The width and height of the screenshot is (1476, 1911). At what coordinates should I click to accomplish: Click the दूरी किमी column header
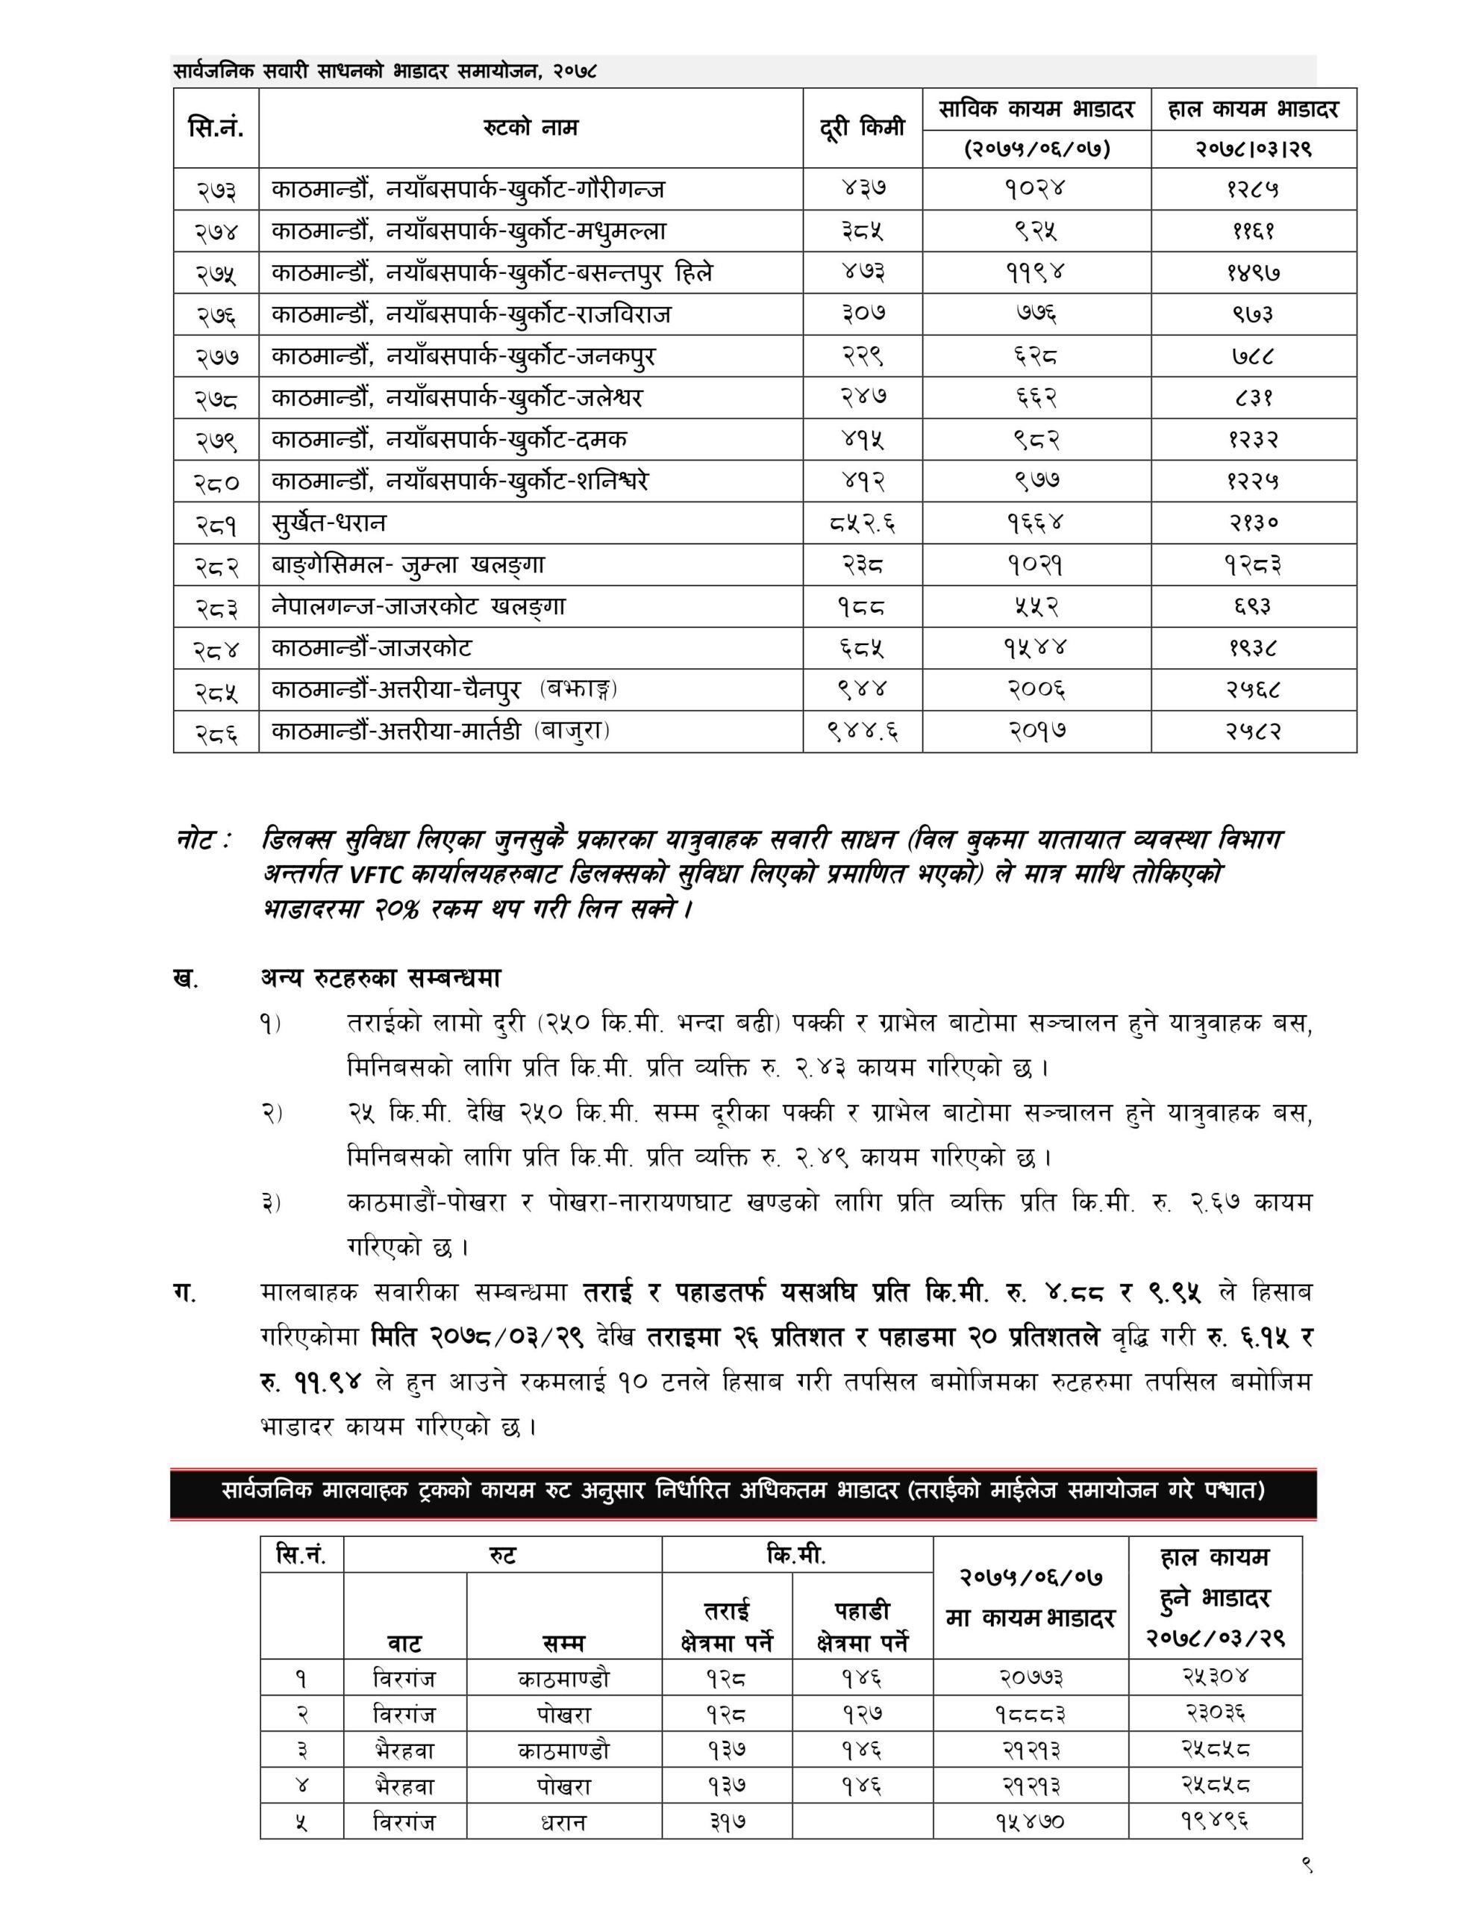click(862, 128)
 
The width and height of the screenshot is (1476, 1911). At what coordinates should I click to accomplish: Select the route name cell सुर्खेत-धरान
click(328, 523)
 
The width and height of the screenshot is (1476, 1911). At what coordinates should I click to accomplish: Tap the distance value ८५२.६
click(862, 523)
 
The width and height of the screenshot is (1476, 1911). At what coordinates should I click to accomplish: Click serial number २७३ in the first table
click(215, 189)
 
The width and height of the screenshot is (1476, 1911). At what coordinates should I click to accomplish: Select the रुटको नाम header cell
click(531, 128)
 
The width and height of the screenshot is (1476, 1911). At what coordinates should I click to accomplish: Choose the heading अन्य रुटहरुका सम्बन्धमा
click(381, 978)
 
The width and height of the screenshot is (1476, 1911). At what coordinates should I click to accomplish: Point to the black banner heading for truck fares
click(742, 1490)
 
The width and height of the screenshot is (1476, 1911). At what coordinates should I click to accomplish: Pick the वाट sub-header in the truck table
click(404, 1643)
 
